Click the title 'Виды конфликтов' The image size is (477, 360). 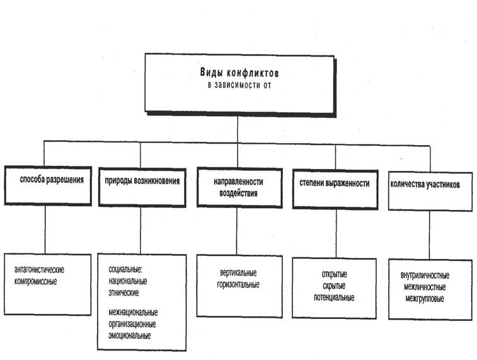(x=239, y=73)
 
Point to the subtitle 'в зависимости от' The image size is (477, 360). (x=239, y=85)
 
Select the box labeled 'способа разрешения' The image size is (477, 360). (x=48, y=185)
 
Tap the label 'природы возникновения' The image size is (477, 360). (x=142, y=181)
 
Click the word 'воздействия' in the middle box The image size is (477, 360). (x=238, y=193)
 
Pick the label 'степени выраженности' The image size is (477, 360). (x=335, y=183)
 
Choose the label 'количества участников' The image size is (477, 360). (x=425, y=184)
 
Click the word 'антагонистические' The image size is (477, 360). (x=39, y=270)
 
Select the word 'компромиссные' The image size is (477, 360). (x=35, y=281)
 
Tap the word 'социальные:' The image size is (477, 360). (x=125, y=269)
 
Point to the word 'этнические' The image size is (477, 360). (x=124, y=293)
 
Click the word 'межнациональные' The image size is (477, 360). (x=133, y=313)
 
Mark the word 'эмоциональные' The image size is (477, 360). (x=130, y=335)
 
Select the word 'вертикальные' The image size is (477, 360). (x=238, y=272)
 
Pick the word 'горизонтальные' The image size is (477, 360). (x=238, y=284)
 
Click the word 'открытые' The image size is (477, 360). (x=335, y=274)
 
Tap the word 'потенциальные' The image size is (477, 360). (x=334, y=298)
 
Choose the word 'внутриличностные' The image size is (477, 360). (x=425, y=276)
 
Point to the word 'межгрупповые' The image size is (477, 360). (x=425, y=299)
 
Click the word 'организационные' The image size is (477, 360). (x=132, y=324)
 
